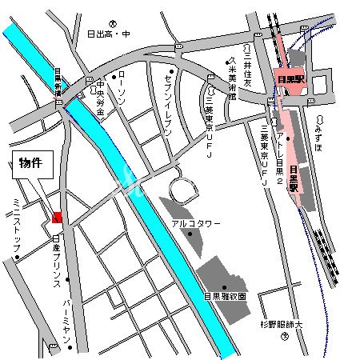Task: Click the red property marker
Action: [56, 217]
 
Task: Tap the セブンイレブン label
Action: [167, 95]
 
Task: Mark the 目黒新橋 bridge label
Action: [58, 82]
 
